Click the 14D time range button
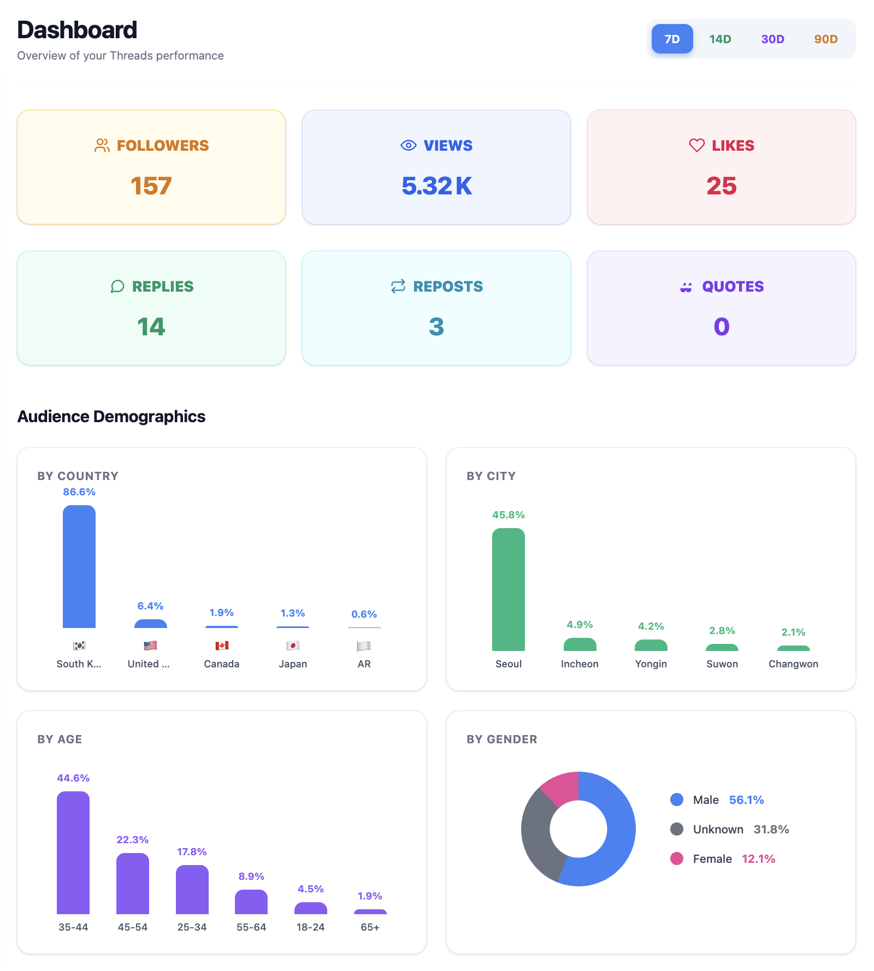720,39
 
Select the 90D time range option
825,39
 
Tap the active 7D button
672,39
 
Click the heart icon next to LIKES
696,145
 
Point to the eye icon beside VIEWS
408,145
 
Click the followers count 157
151,186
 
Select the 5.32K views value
436,186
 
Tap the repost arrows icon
398,286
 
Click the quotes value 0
721,327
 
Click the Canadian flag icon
222,646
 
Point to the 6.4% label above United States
150,606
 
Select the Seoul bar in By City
509,589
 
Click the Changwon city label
793,664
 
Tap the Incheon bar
580,645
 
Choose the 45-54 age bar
133,883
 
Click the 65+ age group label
370,927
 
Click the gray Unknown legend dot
677,829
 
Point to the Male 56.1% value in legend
746,800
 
